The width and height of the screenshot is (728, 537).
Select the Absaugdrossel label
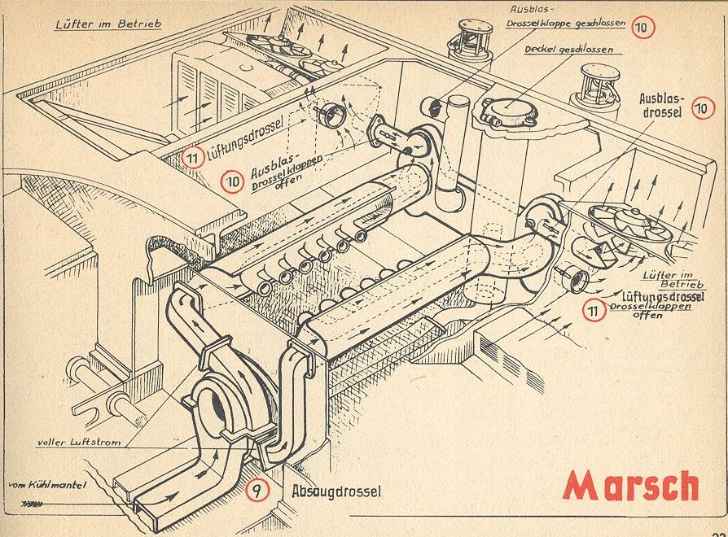[x=335, y=491]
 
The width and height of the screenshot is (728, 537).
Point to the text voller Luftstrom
[x=76, y=443]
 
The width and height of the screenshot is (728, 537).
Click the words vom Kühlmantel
[x=48, y=487]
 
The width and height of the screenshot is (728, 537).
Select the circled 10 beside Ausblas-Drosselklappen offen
[x=230, y=181]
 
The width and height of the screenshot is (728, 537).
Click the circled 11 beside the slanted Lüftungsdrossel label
[x=193, y=157]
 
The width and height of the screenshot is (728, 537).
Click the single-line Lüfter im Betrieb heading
[x=107, y=24]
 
